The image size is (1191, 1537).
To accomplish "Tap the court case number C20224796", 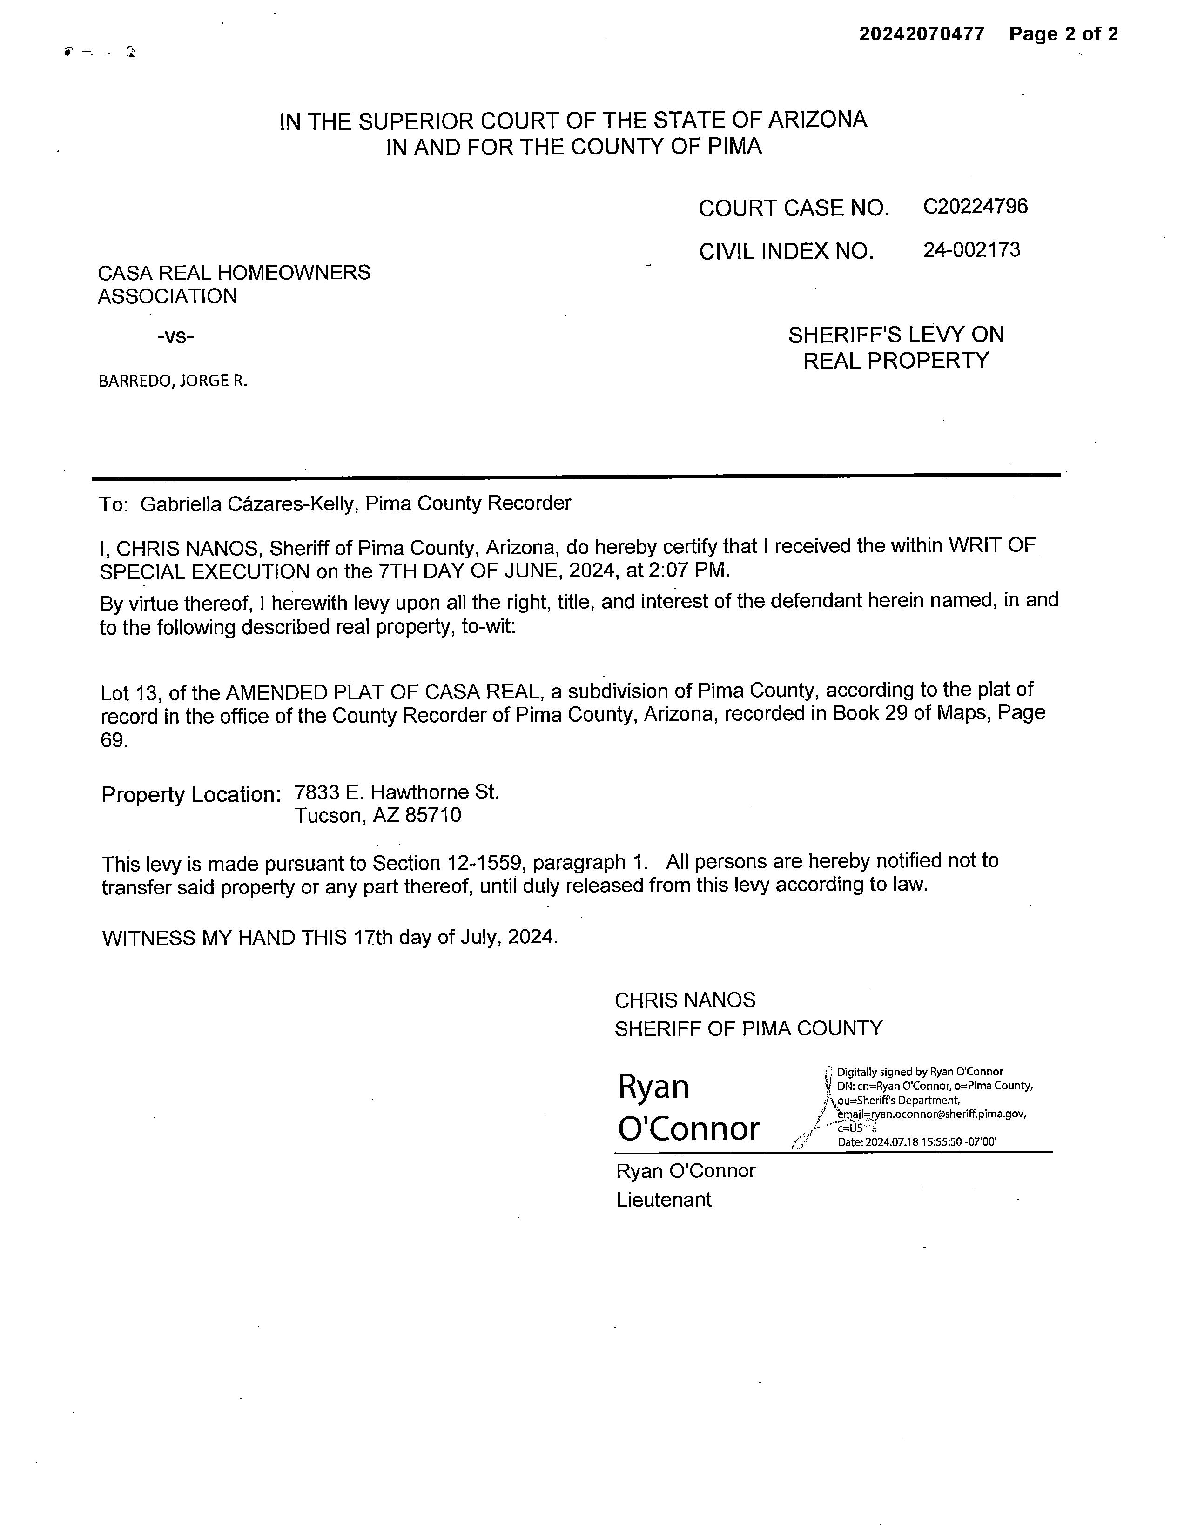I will coord(975,206).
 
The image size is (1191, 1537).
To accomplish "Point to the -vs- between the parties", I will coord(175,336).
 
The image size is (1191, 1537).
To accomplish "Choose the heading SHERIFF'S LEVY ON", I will coord(895,335).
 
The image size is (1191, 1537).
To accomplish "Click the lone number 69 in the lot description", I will coord(113,740).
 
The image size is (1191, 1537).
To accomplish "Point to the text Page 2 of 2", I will coord(1063,34).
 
